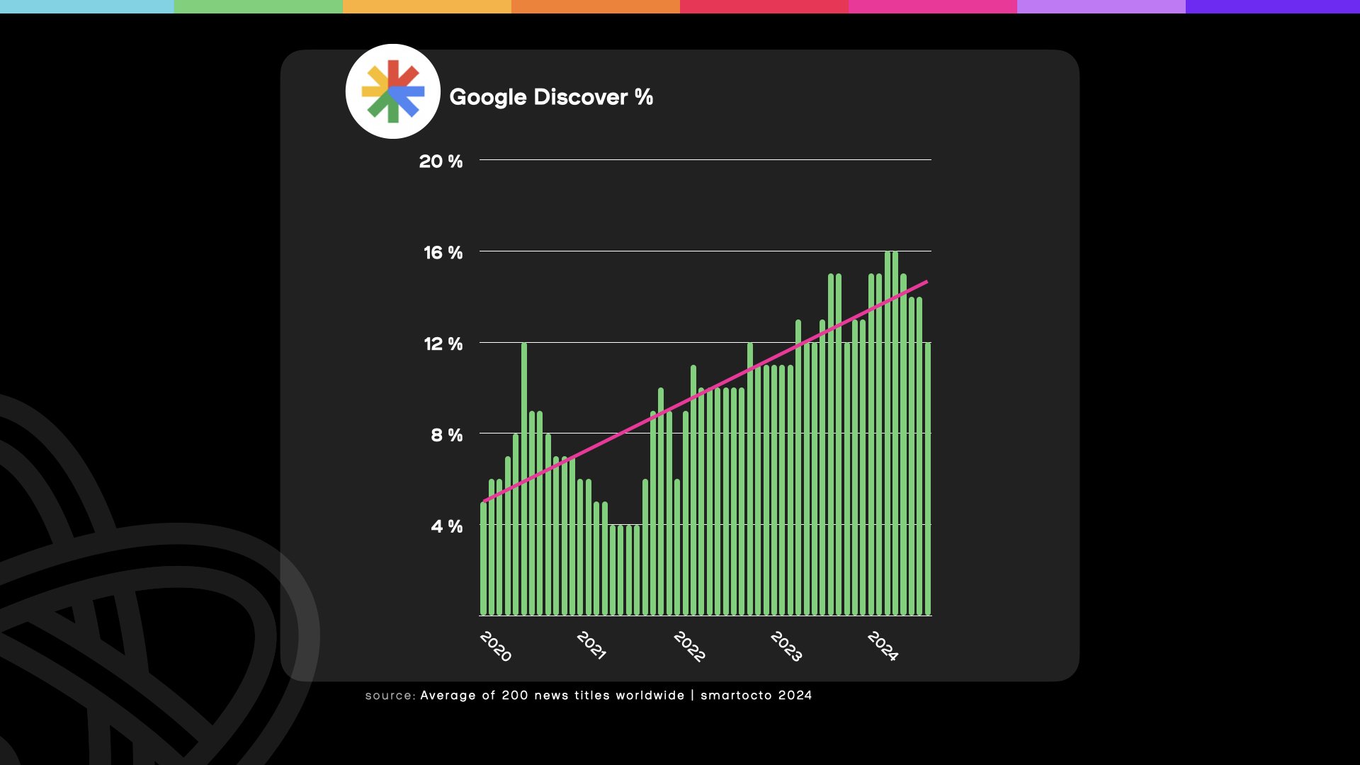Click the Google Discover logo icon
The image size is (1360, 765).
[x=392, y=91]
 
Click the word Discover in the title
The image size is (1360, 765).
[x=580, y=97]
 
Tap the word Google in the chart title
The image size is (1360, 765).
[x=487, y=97]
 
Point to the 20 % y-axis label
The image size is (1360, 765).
[x=441, y=161]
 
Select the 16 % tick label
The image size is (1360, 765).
[x=443, y=253]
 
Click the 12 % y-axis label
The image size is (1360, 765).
[x=443, y=344]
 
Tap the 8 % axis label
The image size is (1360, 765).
[x=446, y=435]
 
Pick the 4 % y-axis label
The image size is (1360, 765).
[x=446, y=526]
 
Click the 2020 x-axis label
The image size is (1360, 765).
[x=495, y=646]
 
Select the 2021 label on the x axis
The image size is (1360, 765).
[x=591, y=645]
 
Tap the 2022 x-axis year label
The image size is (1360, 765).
[x=688, y=646]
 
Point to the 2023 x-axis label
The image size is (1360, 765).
[x=786, y=646]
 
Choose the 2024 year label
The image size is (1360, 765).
[x=883, y=646]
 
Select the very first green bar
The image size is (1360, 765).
[x=484, y=560]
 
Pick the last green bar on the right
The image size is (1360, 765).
[x=928, y=482]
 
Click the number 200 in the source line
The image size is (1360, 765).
[x=515, y=696]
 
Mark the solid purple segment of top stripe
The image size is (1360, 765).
[x=1272, y=6]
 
